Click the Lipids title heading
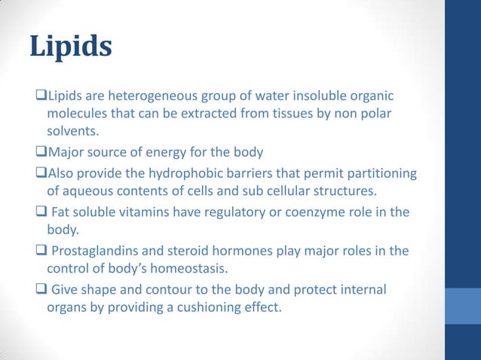click(71, 46)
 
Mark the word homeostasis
click(191, 268)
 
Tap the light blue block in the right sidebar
click(463, 310)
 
